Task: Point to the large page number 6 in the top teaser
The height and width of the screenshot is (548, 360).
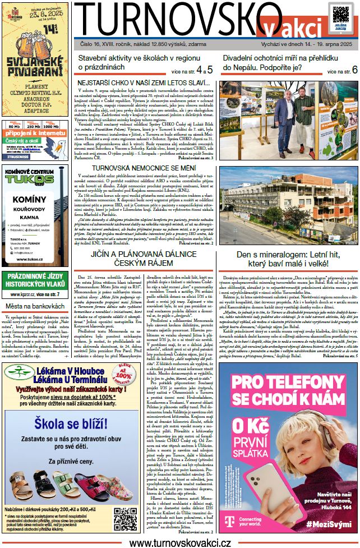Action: (354, 70)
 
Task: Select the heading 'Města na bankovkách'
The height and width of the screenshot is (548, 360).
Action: (34, 306)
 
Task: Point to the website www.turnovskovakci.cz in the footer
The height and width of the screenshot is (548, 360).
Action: (180, 542)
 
